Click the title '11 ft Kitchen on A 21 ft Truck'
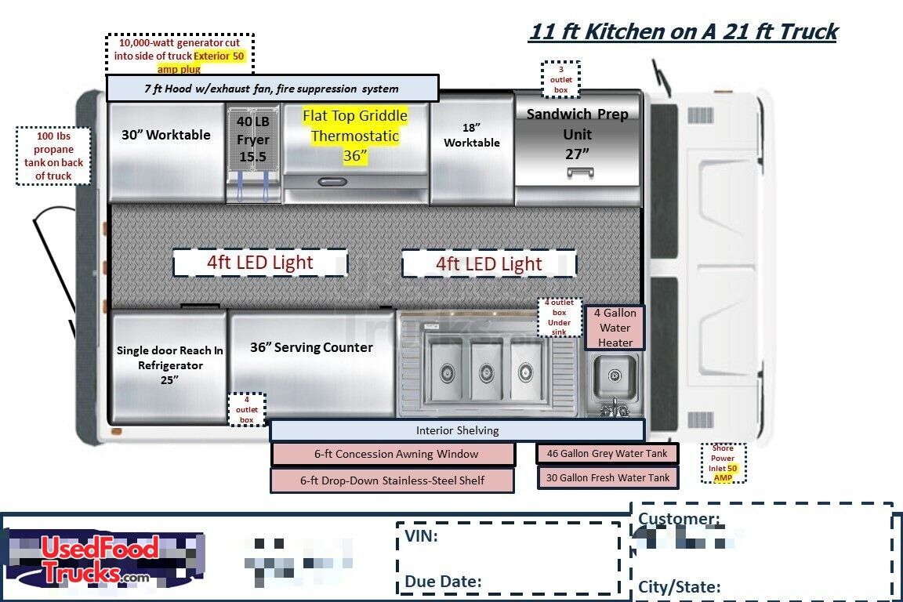pos(683,32)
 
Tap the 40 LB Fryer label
pos(253,140)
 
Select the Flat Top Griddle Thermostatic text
pos(355,136)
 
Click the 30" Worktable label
pos(165,135)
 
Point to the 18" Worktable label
pos(471,135)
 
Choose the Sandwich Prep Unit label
pos(577,133)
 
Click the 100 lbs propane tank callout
pos(53,156)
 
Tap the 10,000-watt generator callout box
pos(180,55)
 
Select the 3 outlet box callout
pos(560,79)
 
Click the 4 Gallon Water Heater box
pos(615,328)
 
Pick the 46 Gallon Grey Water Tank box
pos(607,453)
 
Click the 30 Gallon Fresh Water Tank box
pos(607,477)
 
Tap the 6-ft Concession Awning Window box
pos(393,454)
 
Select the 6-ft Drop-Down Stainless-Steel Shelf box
pos(393,481)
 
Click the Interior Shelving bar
pos(457,430)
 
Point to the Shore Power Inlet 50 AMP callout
pos(723,463)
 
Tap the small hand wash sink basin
pos(615,375)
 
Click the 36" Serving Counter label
pos(311,347)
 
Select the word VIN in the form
pos(421,536)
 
